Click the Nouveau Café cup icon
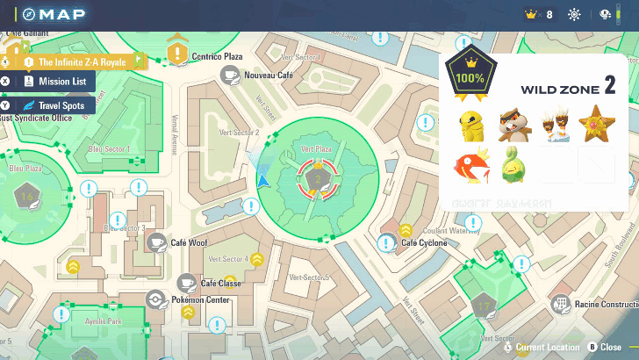pyautogui.click(x=231, y=76)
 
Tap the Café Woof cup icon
pyautogui.click(x=157, y=242)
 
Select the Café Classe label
pyautogui.click(x=220, y=284)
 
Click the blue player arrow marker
pyautogui.click(x=263, y=179)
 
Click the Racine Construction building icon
pyautogui.click(x=559, y=305)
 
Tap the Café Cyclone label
pyautogui.click(x=424, y=242)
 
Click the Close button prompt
pyautogui.click(x=605, y=348)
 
